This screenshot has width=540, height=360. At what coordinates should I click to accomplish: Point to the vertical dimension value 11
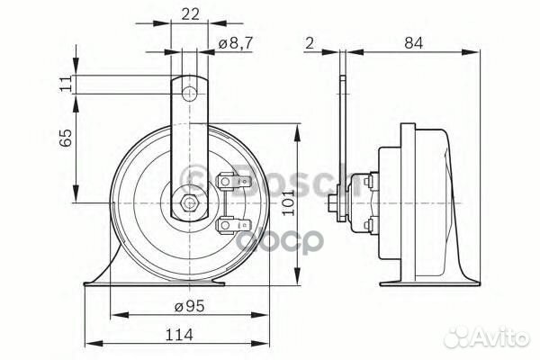(64, 85)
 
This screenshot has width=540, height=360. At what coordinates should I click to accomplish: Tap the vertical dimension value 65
(64, 139)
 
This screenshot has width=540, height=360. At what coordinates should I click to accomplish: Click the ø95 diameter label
(188, 306)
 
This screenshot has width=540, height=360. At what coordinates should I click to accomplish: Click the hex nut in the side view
(335, 203)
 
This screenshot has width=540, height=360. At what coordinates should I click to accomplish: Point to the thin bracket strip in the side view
(342, 135)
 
